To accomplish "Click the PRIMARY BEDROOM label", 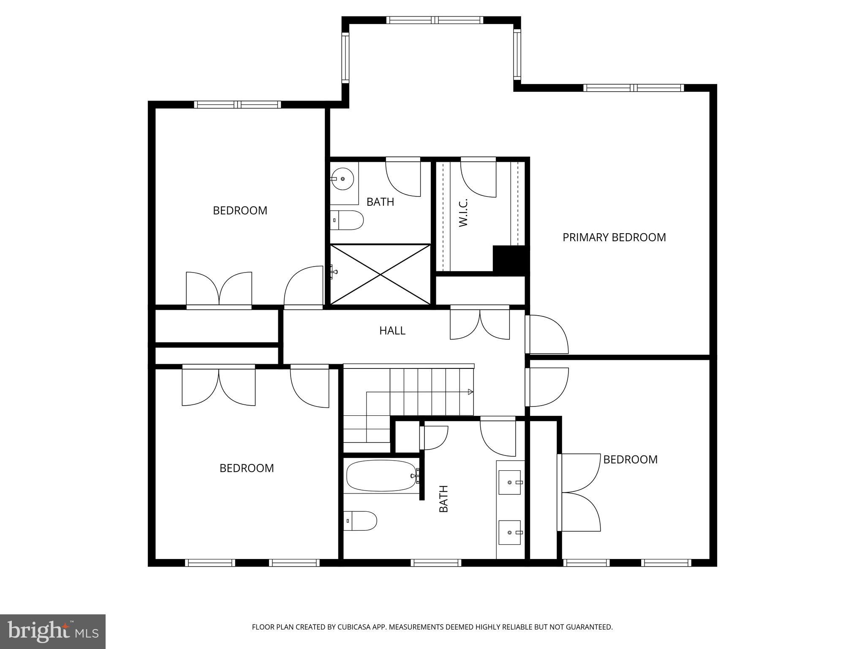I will coord(614,237).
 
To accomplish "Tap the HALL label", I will coord(392,330).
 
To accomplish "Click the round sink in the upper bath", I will coord(342,179).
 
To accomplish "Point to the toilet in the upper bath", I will coord(347,220).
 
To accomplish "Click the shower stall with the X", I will coord(380,274).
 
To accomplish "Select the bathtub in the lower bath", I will coord(381,476).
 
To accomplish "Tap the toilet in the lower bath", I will coord(360,521).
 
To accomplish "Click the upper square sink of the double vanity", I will coord(509,482).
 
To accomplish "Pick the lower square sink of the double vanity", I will coord(509,533).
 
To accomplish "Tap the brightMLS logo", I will coord(53,632).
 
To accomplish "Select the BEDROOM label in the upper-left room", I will coord(240,210).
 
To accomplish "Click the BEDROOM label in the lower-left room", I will coord(247,468).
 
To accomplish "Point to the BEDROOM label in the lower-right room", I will coord(630,460).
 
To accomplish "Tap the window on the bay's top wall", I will coord(435,20).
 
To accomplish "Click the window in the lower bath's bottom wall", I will coord(435,563).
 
